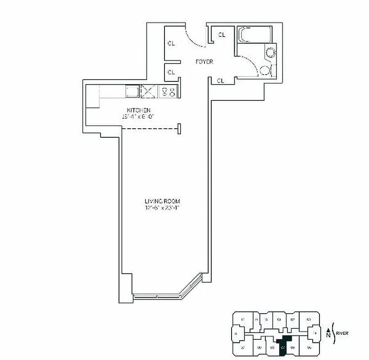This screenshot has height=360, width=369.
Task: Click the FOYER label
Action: coord(204,62)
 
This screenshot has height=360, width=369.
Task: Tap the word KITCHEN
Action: coord(138,110)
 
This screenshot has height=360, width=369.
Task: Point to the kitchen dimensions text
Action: coord(138,117)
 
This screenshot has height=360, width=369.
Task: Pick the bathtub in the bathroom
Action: coord(255,35)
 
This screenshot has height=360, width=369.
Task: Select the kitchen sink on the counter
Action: coord(132,91)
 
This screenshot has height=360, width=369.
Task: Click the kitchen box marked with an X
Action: coord(148,91)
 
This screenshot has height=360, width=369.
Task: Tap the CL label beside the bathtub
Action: coord(222,35)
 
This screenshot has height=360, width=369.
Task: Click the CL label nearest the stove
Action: coord(171,72)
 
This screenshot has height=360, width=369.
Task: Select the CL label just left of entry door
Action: coord(171,44)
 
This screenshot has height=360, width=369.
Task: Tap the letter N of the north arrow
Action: coord(328,334)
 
